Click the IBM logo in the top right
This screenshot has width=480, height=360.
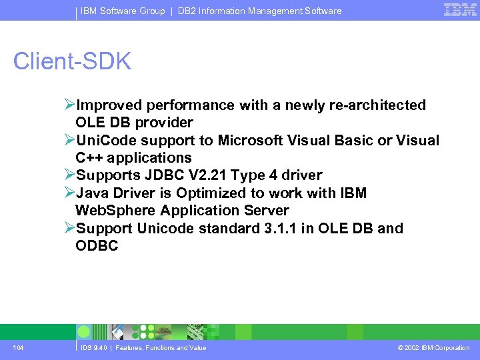click(460, 10)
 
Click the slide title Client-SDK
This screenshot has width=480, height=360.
click(73, 61)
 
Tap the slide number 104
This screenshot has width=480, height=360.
click(18, 348)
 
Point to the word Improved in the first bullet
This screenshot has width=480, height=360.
click(109, 105)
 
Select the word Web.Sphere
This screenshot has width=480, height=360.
click(113, 211)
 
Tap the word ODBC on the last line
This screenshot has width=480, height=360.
click(97, 246)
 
